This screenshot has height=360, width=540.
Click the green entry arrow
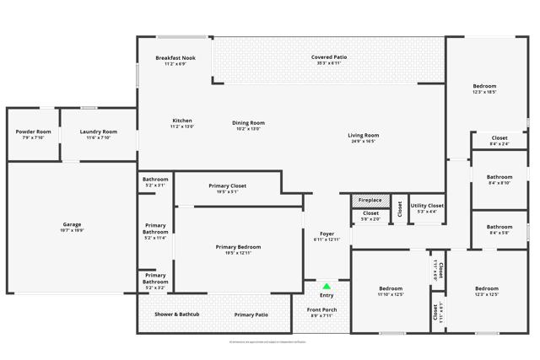pos(327,287)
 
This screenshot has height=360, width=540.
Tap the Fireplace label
pos(370,200)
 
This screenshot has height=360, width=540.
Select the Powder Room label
pos(34,132)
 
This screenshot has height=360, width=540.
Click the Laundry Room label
pos(98,132)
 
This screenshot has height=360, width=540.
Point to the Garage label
pos(71,224)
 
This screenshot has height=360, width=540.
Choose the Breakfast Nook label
pos(175,58)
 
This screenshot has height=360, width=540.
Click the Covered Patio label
pos(329,57)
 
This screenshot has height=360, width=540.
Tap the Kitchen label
pos(182,121)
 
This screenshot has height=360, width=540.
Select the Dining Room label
pos(248,123)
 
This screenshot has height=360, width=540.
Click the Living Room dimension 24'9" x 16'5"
pos(364,142)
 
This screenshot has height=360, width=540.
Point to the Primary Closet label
pos(227,185)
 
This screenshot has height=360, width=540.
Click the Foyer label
pos(327,234)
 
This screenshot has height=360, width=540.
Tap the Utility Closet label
pos(427,206)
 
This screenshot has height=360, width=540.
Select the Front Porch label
pos(321,309)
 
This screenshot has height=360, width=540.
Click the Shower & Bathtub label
pos(176,314)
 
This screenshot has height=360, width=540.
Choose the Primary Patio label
pos(251,314)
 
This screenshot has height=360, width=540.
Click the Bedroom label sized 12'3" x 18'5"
pos(484,86)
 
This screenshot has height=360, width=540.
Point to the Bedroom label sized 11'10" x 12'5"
pos(391,288)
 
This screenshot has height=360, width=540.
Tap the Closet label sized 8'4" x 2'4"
pos(499,137)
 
